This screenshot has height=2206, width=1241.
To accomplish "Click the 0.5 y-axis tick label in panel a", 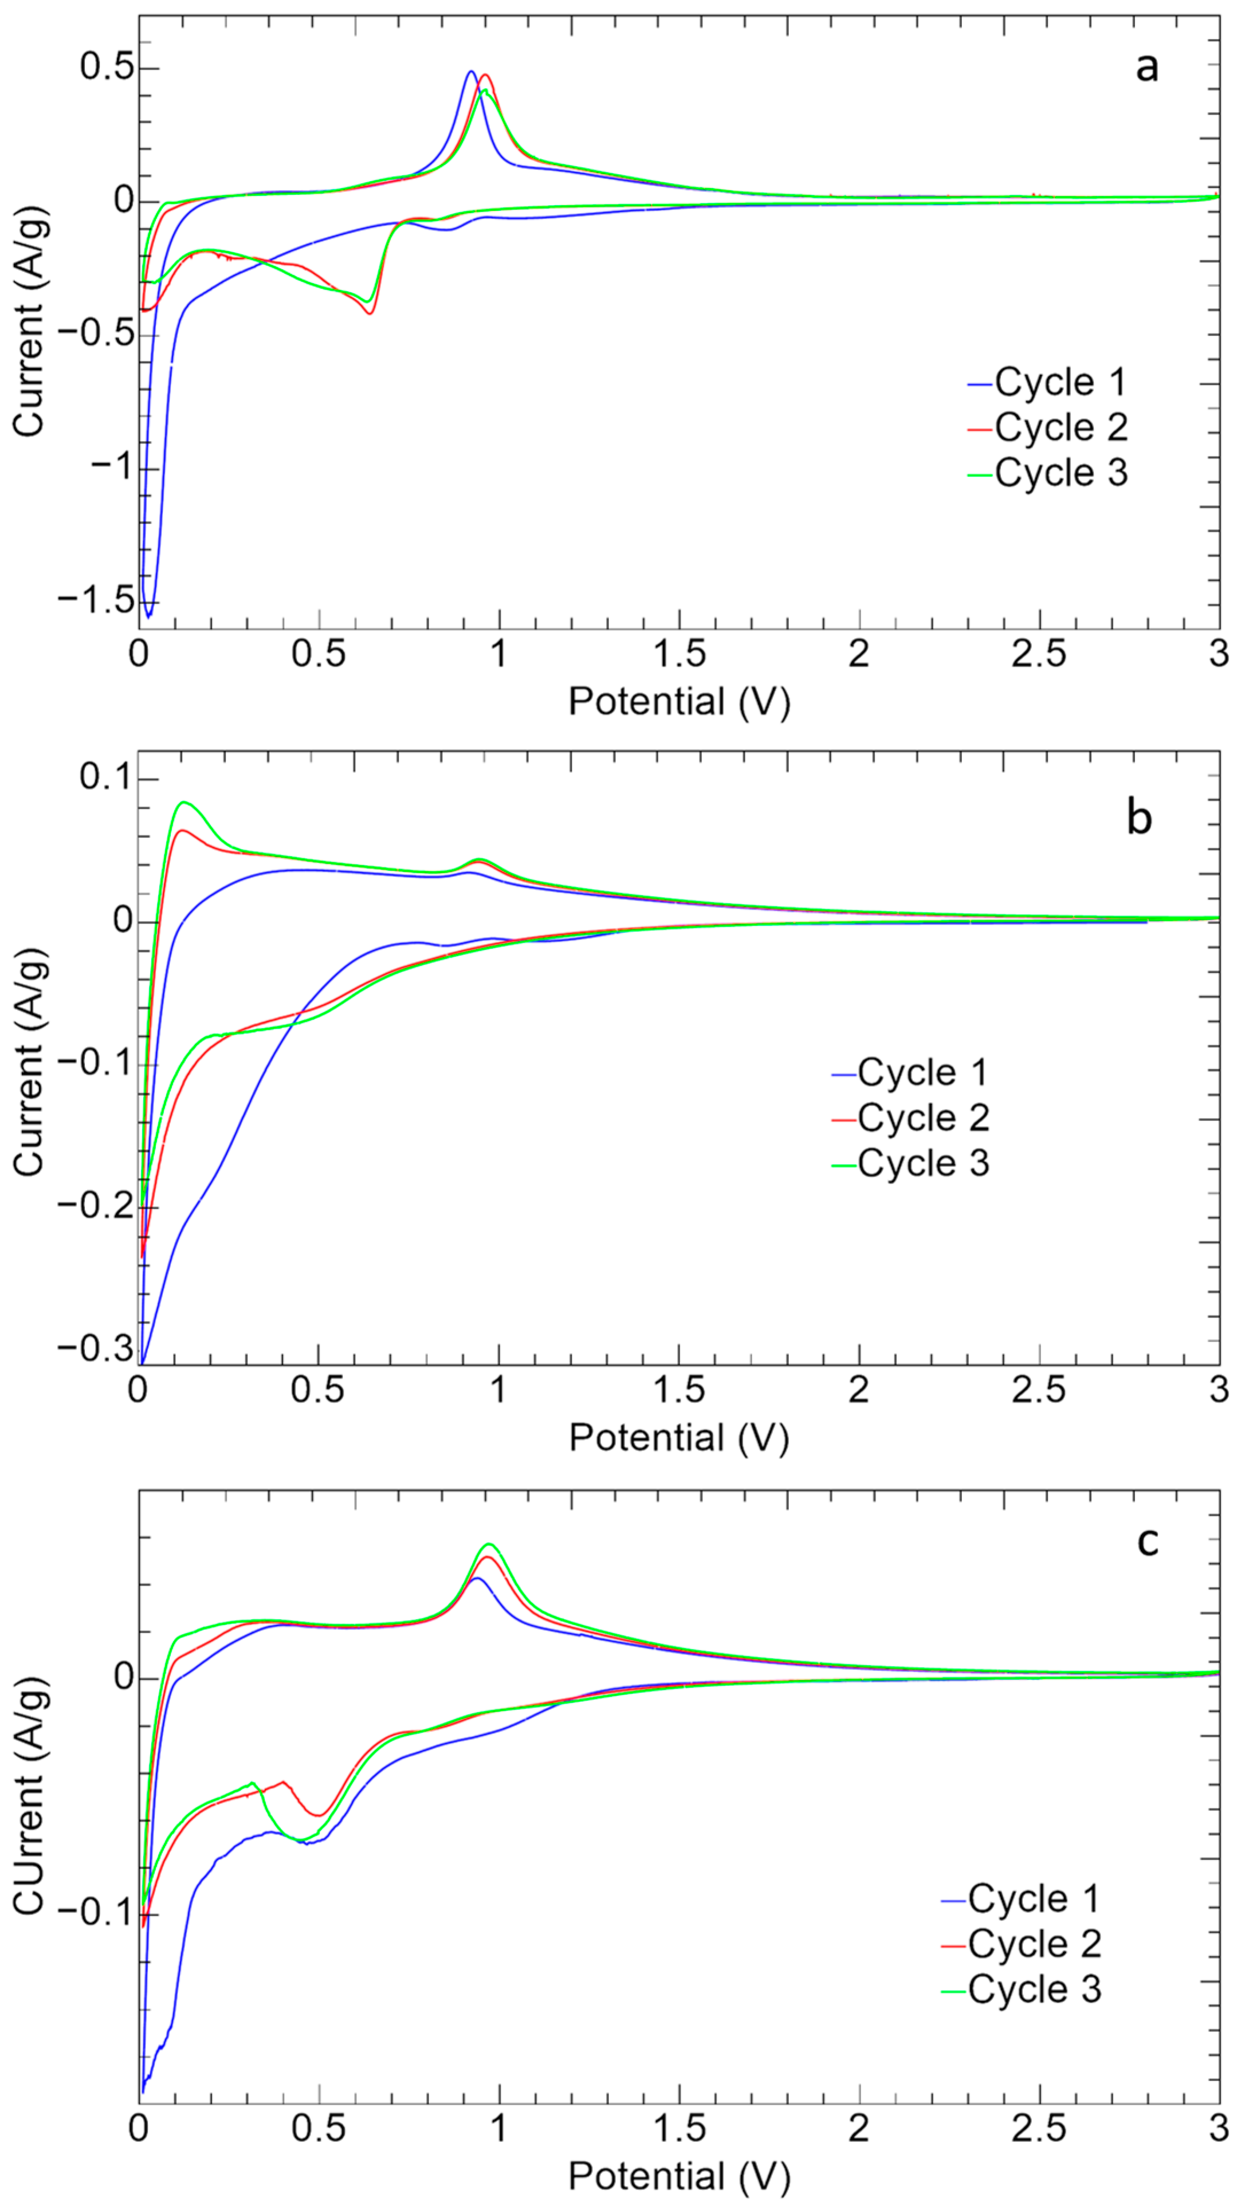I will coord(108,67).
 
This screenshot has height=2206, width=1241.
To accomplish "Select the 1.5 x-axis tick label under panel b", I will coord(679,1390).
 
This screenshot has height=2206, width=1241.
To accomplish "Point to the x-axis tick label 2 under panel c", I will coord(859,2122).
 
